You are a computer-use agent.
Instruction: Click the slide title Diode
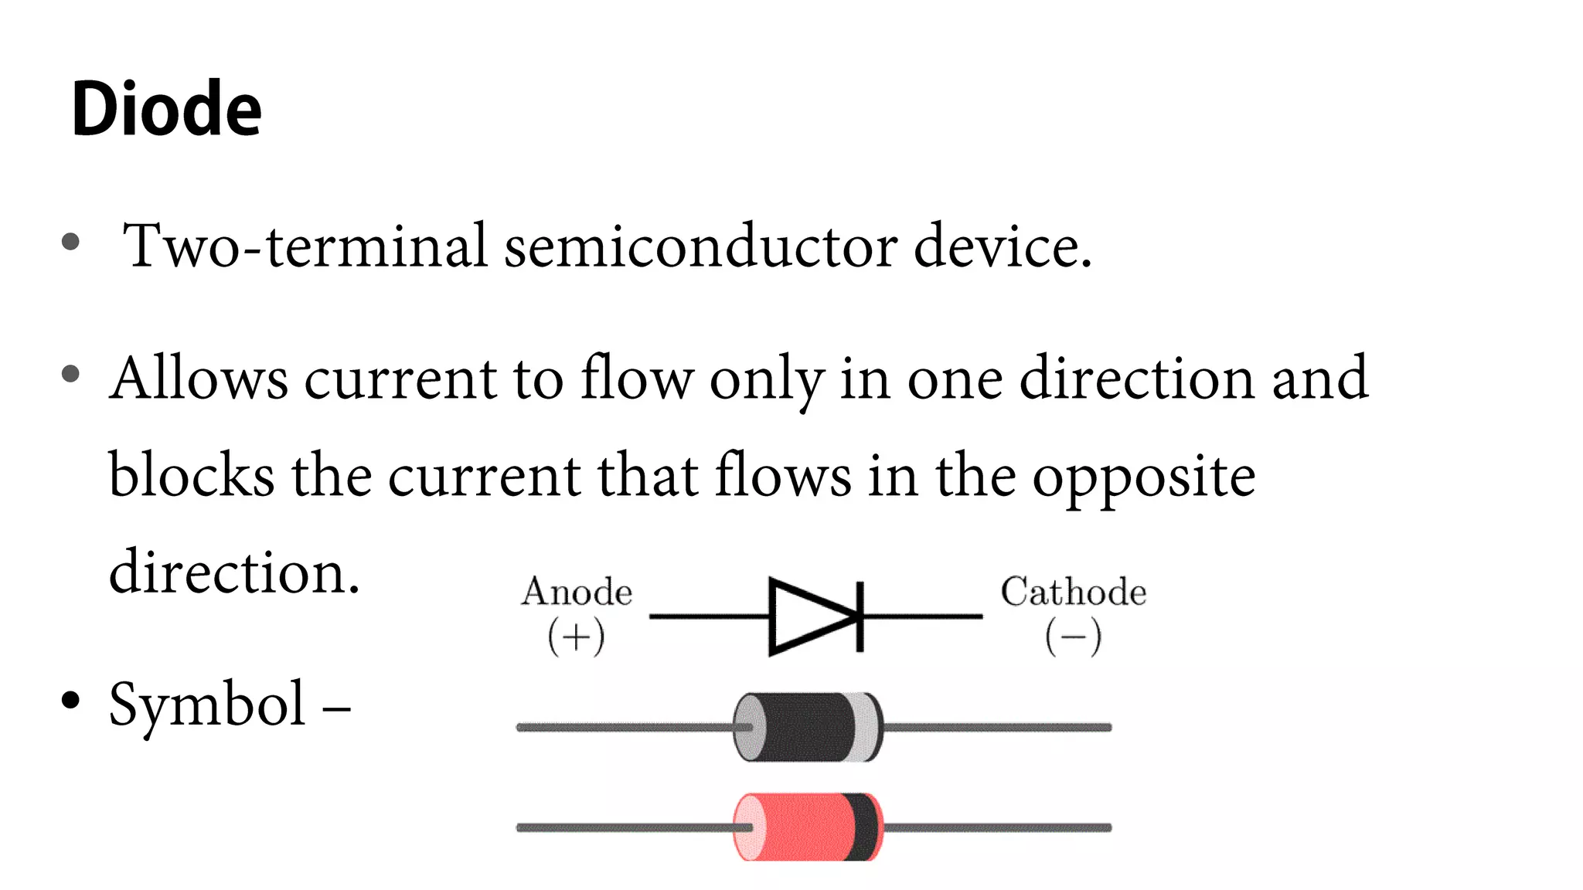(x=166, y=109)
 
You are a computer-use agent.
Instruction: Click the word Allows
(x=199, y=379)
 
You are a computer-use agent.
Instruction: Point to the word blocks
(x=191, y=474)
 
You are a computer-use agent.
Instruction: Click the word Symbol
(x=207, y=705)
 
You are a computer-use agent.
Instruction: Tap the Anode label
(x=577, y=592)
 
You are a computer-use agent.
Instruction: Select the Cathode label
(x=1073, y=592)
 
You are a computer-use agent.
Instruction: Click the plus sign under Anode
(x=576, y=637)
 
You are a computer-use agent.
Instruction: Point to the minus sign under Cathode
(x=1073, y=637)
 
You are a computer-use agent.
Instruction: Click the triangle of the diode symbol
(x=808, y=617)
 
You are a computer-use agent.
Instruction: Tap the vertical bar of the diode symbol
(x=860, y=617)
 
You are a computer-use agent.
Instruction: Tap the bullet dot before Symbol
(x=70, y=700)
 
